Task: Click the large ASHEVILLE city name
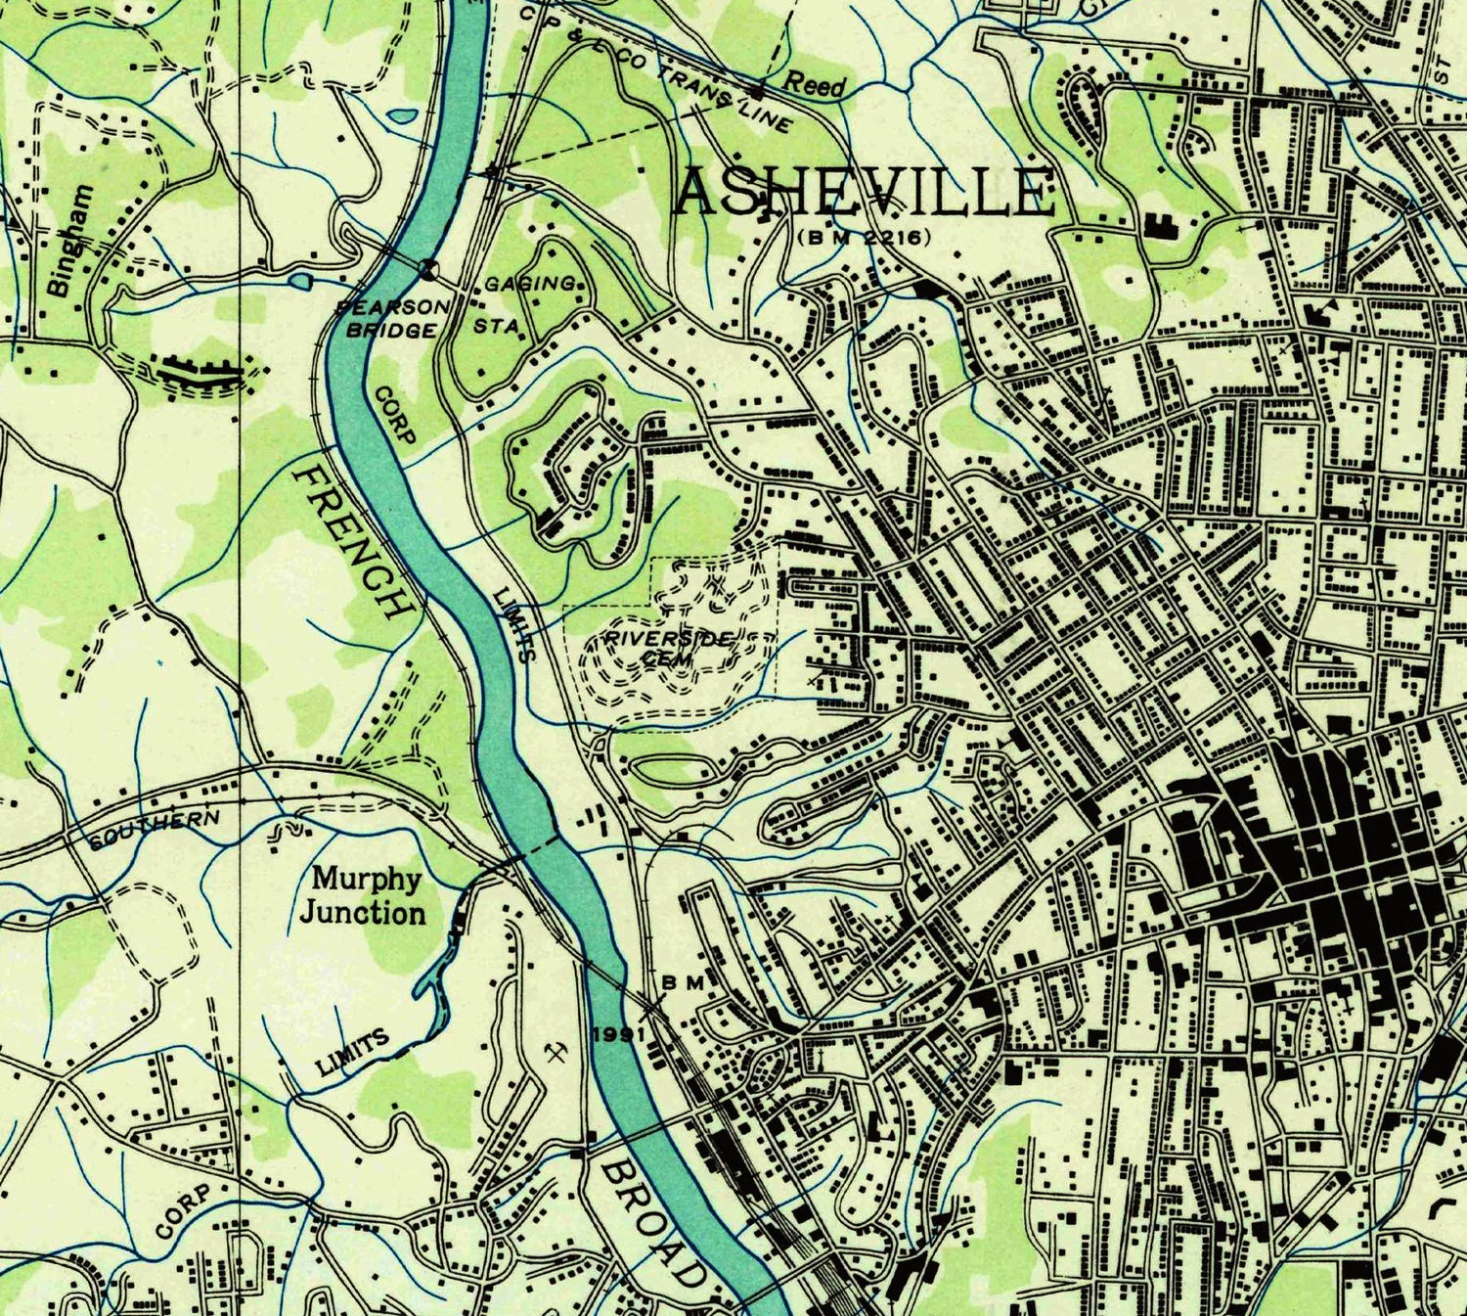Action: (866, 192)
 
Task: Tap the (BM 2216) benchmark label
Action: (863, 237)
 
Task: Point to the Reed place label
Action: (815, 84)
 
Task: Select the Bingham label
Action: (71, 241)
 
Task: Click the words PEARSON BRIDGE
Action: (393, 318)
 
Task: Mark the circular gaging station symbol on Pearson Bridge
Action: (427, 267)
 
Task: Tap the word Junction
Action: (363, 914)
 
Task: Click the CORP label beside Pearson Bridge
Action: (395, 414)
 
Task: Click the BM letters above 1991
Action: (684, 981)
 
